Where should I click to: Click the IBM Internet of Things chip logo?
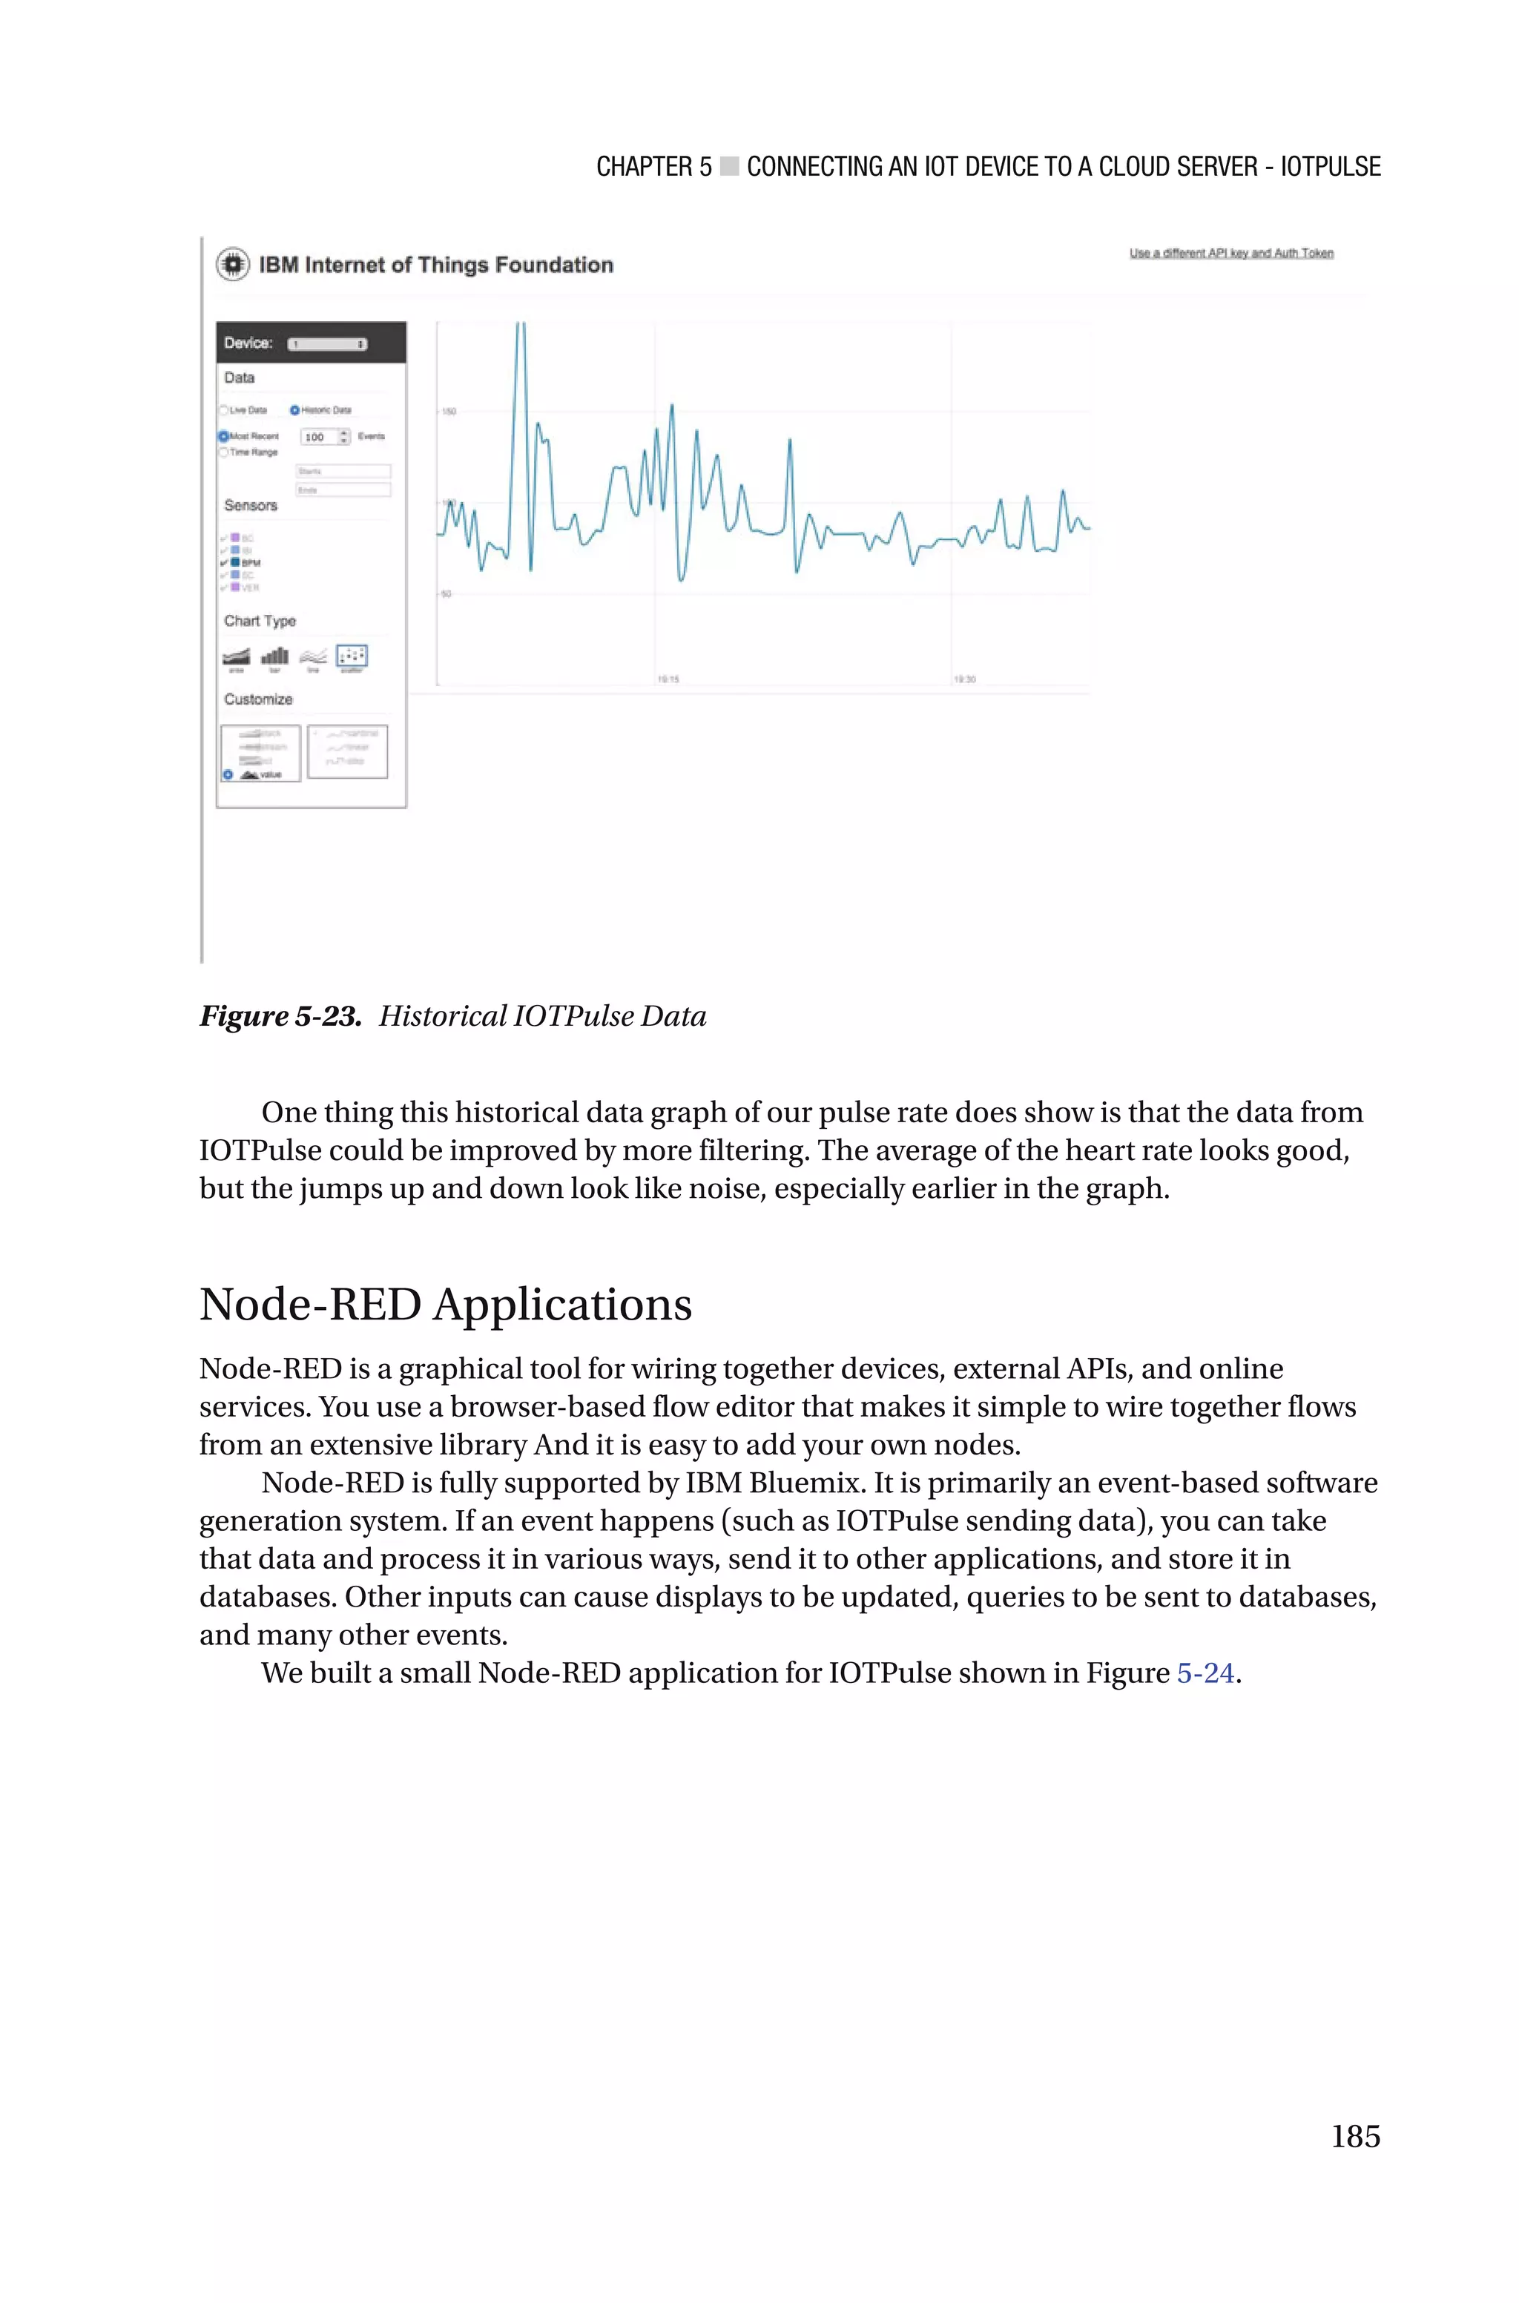click(x=232, y=264)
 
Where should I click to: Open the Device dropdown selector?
click(x=327, y=344)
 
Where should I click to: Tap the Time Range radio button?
click(x=224, y=452)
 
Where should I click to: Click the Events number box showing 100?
click(x=323, y=437)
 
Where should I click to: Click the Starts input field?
click(x=343, y=472)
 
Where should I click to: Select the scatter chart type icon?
click(x=351, y=656)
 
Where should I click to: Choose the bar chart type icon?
click(x=274, y=656)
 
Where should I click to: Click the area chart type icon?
click(x=235, y=656)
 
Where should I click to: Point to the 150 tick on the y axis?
click(x=449, y=412)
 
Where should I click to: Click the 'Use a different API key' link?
click(x=1231, y=254)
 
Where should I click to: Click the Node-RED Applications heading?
click(x=446, y=1305)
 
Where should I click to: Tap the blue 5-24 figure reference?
click(x=1205, y=1673)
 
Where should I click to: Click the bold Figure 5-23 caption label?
click(x=281, y=1016)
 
